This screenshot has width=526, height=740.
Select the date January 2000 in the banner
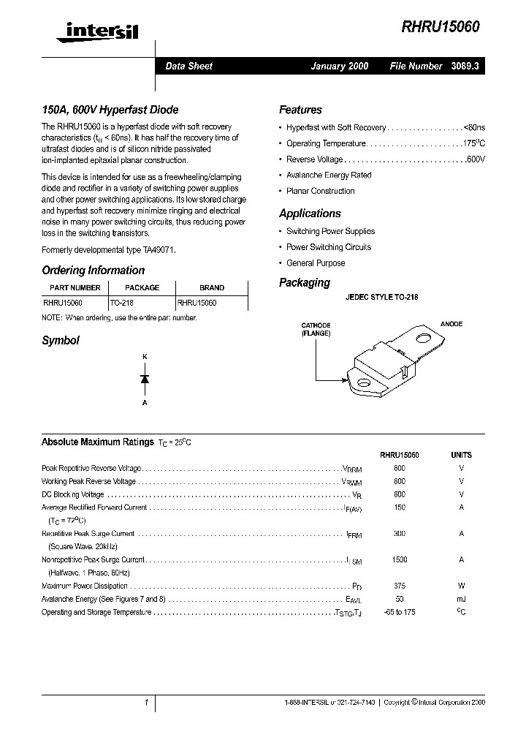(339, 66)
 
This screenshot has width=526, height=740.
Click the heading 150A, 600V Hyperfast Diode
(110, 110)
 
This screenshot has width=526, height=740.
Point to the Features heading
(300, 110)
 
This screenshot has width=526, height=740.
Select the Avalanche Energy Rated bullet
(329, 175)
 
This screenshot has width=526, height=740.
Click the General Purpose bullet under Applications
(316, 263)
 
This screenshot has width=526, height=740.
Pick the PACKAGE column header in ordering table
(142, 288)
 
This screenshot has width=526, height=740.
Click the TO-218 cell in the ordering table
(122, 302)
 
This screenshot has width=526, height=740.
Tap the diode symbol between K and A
(145, 379)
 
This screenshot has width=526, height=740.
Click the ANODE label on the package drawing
(451, 324)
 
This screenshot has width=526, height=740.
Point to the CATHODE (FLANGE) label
(316, 329)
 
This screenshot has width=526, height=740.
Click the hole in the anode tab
(423, 338)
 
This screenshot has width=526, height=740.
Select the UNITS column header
(461, 455)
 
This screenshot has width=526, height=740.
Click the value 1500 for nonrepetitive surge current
(400, 559)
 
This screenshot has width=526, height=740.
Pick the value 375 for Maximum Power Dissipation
(400, 586)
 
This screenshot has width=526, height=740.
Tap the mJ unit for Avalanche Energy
(461, 599)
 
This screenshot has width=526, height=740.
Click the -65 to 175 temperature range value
(400, 612)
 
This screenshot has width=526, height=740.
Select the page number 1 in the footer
(146, 702)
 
